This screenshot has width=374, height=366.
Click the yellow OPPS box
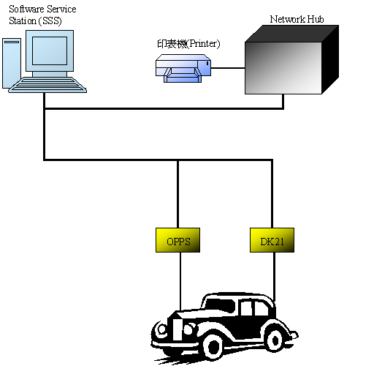pos(178,241)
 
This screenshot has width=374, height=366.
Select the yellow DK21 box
pos(271,241)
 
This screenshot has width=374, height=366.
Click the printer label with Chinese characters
pos(188,44)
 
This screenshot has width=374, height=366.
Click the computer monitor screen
pos(50,48)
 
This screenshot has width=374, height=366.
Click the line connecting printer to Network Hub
pos(229,68)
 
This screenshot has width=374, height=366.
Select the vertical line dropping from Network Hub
pos(284,101)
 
